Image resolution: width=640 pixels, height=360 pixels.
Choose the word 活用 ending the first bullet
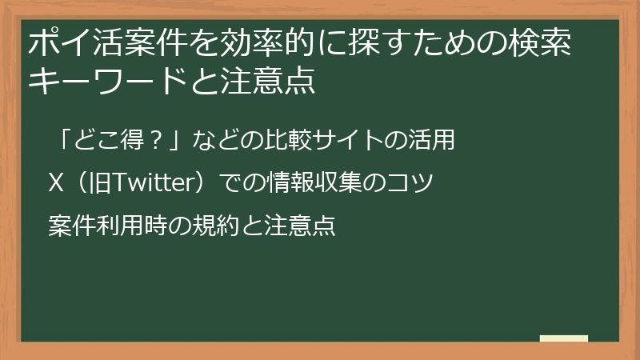click(x=435, y=142)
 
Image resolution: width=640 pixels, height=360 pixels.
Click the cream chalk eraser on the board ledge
click(x=563, y=339)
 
